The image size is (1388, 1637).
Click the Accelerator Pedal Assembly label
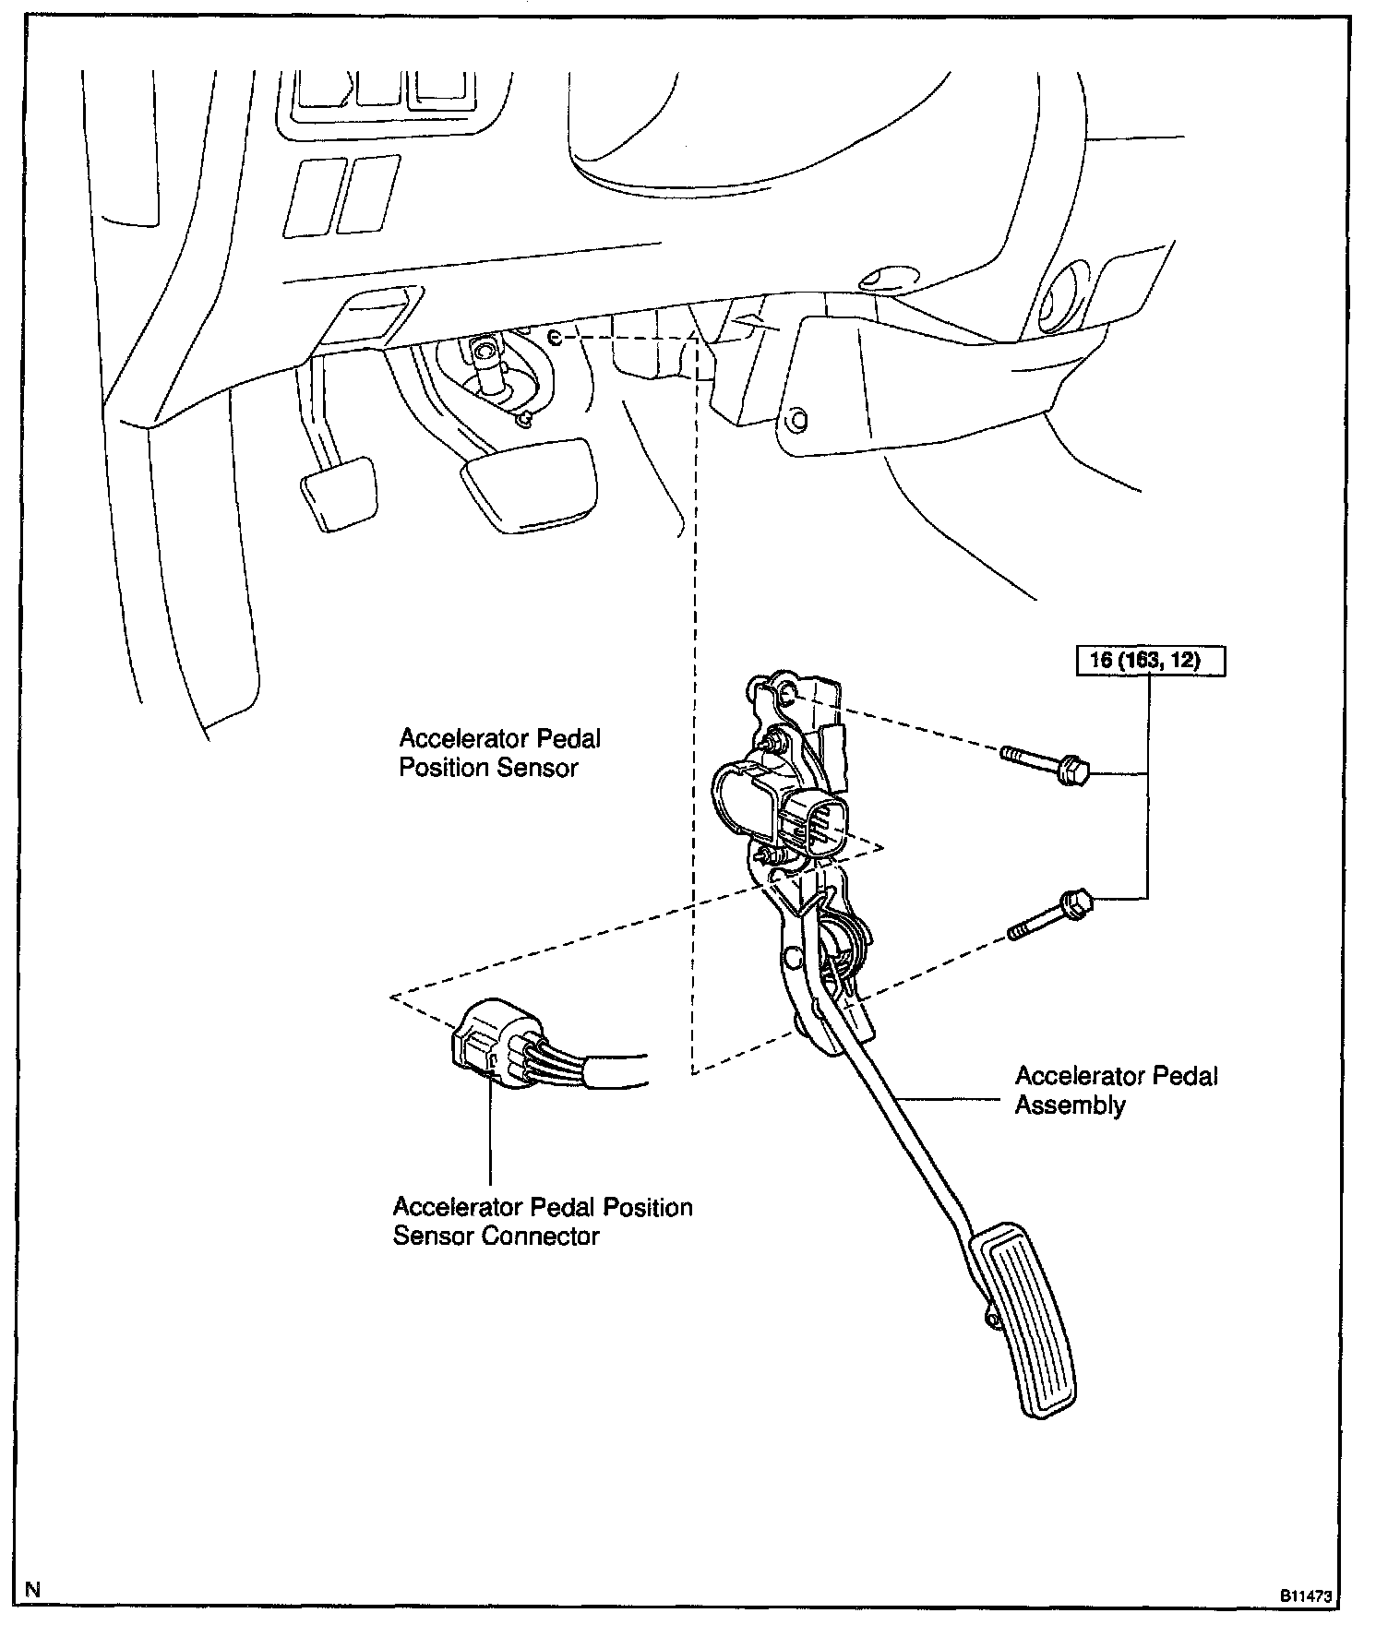(1116, 1090)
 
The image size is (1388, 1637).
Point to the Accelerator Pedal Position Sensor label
(499, 752)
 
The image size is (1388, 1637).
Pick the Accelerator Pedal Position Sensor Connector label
(542, 1221)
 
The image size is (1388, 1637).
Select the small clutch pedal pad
(339, 491)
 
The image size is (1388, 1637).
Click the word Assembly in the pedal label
(1071, 1105)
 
